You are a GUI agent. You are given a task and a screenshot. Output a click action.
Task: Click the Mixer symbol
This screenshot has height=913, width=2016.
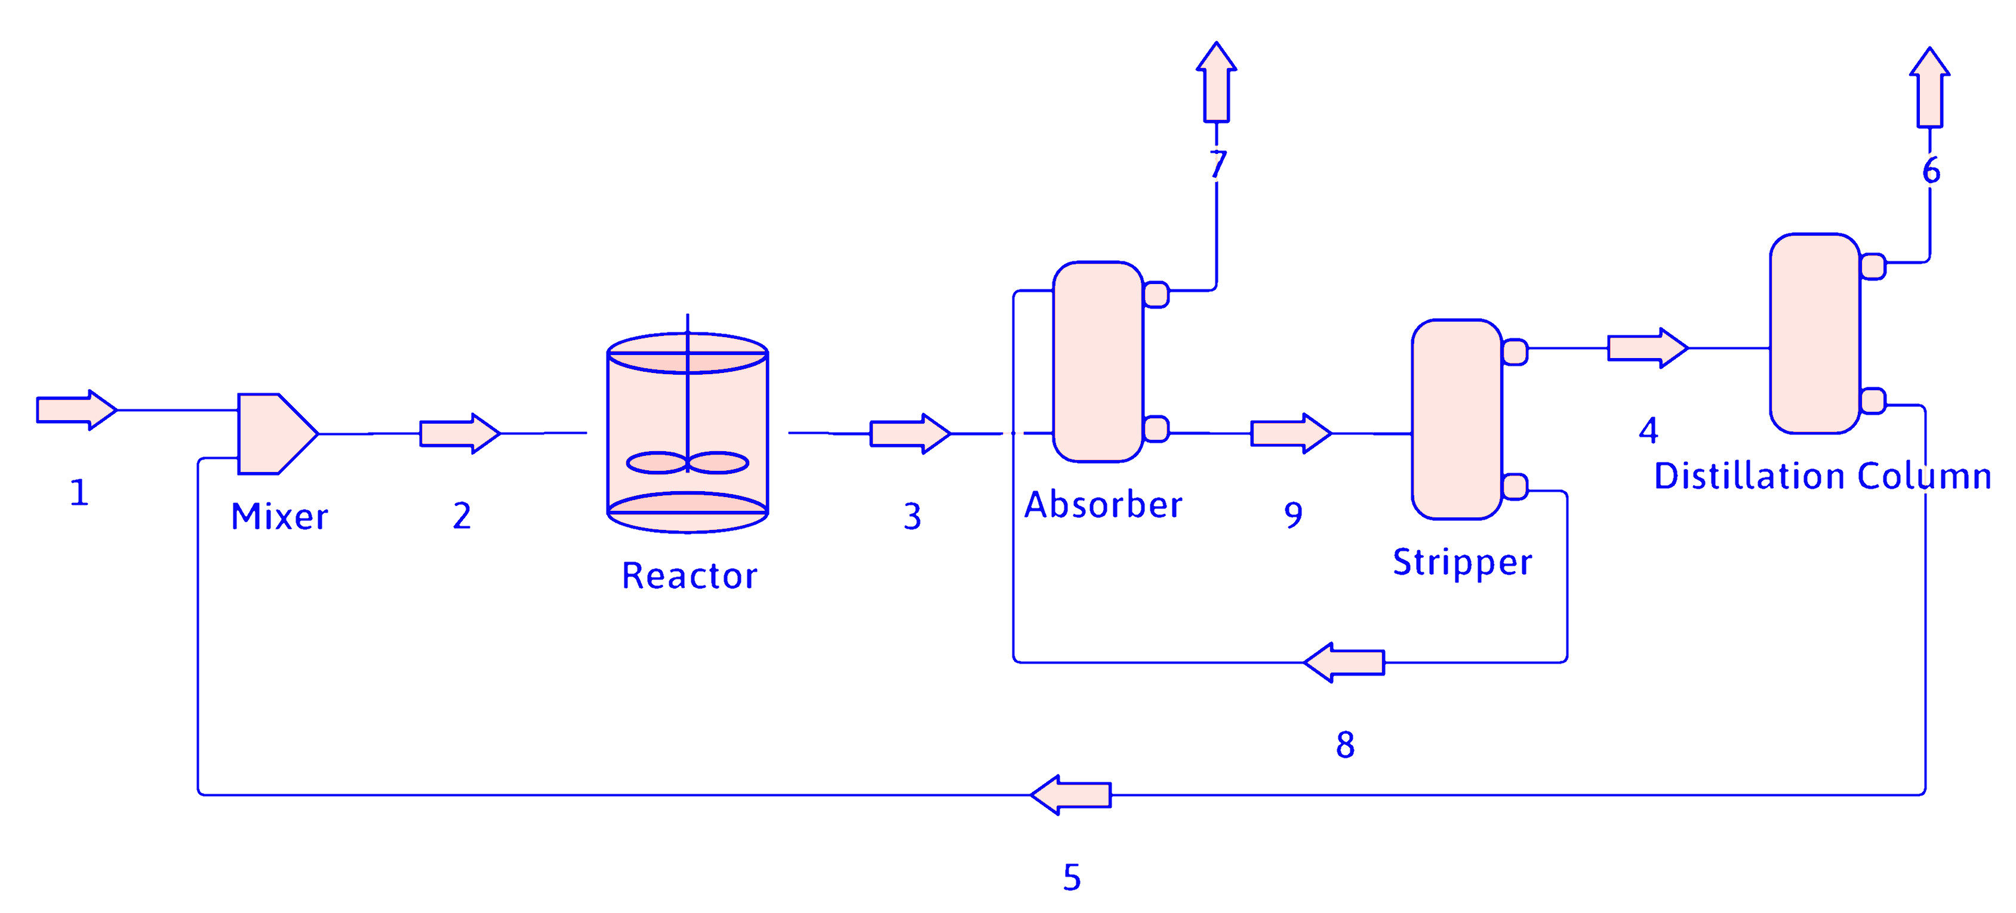(x=274, y=433)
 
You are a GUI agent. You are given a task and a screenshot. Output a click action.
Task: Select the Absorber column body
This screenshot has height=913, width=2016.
(x=1098, y=362)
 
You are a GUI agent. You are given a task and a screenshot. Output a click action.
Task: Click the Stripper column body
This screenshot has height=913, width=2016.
(x=1457, y=420)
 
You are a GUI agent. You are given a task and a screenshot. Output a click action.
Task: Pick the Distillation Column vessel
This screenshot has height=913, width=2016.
(x=1814, y=334)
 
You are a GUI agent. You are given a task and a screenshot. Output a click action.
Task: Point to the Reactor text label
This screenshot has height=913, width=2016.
(x=689, y=576)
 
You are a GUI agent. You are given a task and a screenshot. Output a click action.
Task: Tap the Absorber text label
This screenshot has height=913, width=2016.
(x=1103, y=505)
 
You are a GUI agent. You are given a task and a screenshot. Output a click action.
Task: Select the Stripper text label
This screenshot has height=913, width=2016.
(x=1462, y=563)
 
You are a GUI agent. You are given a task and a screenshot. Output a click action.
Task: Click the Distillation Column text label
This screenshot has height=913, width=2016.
(x=1822, y=476)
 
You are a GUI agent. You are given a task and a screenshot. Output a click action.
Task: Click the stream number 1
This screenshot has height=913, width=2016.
(x=79, y=493)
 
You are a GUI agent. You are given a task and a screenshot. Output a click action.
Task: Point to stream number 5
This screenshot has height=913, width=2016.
(x=1072, y=877)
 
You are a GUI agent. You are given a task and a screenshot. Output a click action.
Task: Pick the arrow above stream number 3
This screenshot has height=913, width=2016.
(x=909, y=433)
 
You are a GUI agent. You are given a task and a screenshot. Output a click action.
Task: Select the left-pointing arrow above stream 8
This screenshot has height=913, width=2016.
(x=1344, y=662)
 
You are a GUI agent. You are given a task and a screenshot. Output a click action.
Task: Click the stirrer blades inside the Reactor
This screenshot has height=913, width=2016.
(x=687, y=463)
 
